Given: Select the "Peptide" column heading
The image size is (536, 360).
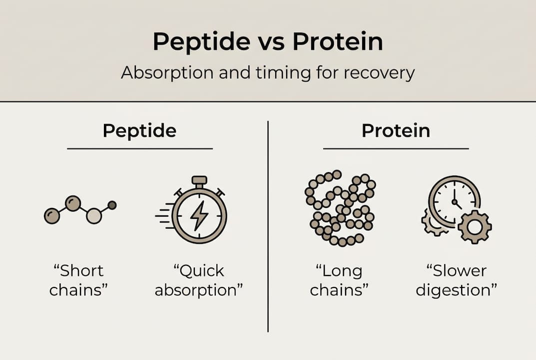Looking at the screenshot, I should click(139, 131).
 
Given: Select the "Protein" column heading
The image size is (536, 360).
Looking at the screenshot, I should click(396, 131).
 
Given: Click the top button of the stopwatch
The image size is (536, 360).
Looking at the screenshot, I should click(199, 180).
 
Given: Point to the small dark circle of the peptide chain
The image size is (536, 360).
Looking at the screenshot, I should click(112, 205).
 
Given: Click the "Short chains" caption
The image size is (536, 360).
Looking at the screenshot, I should click(79, 280).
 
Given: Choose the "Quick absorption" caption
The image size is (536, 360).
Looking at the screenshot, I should click(199, 280).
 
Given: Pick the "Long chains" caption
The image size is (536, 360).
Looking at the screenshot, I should click(339, 280).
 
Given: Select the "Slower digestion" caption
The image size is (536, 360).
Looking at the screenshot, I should click(456, 280).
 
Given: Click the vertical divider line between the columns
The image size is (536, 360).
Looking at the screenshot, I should click(268, 225).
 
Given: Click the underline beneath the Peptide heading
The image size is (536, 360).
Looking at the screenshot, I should click(139, 148).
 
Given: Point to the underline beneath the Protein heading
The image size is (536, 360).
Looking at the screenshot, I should click(396, 148).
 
